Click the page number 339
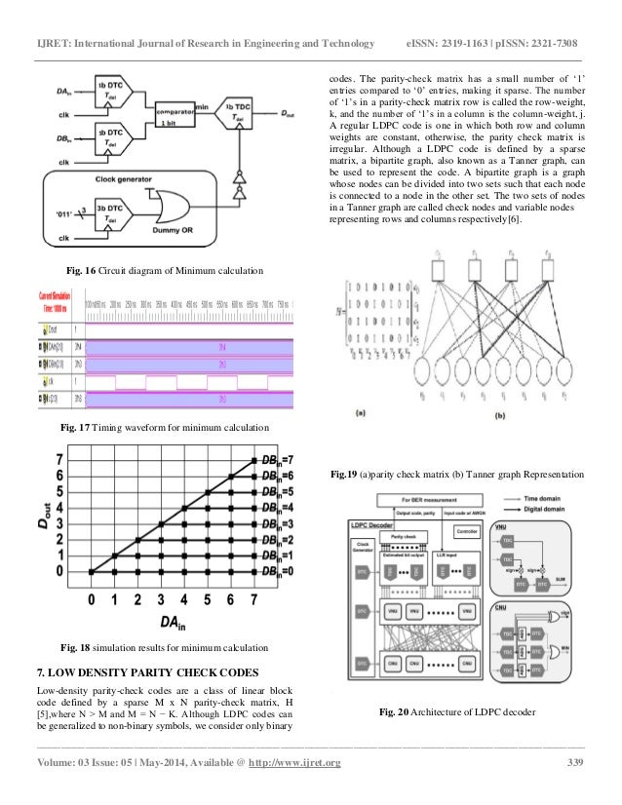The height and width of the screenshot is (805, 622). tap(576, 762)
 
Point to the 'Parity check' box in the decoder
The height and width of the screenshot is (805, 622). tap(399, 535)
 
